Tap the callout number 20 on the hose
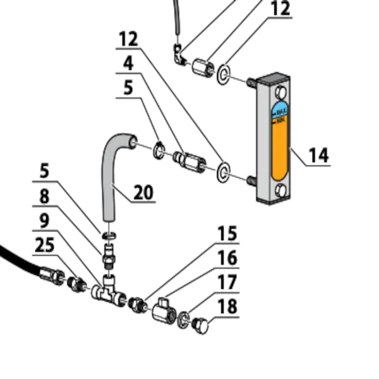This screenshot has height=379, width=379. [144, 191]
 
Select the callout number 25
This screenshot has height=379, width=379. [44, 245]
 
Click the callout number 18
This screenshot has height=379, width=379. [227, 307]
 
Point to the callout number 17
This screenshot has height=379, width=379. [227, 282]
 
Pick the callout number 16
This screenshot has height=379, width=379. [227, 258]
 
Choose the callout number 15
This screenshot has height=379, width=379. [227, 234]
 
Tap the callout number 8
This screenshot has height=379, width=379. [44, 196]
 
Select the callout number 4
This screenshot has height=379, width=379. [128, 63]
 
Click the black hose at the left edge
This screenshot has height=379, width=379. [16, 260]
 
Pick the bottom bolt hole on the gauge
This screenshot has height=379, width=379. [280, 191]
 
